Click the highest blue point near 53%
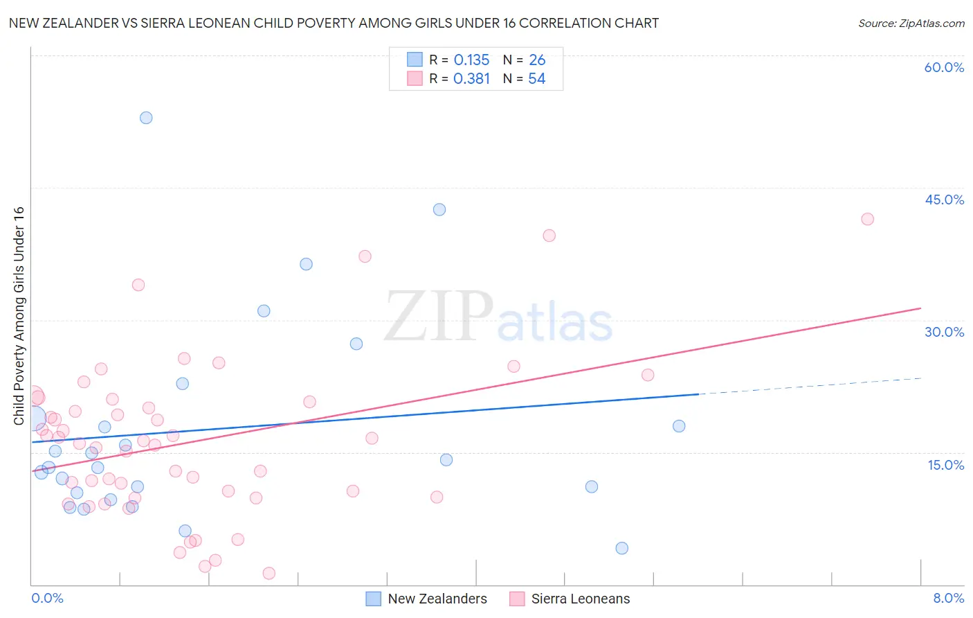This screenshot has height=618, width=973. point(146,118)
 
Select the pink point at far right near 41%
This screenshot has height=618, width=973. point(867,219)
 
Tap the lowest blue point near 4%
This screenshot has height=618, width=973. point(621,548)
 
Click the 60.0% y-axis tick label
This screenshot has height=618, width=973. point(943,67)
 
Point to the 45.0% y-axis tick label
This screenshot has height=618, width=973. point(944,200)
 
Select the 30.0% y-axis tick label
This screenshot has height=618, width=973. point(944,332)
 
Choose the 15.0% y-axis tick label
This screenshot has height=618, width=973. point(945,465)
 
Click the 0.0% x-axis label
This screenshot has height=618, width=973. point(47,598)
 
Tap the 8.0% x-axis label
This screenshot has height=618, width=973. point(948,598)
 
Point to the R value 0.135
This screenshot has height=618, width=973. point(471,60)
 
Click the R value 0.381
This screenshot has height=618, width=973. point(471,78)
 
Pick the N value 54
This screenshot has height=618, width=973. point(536,78)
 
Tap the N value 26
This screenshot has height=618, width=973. point(537,60)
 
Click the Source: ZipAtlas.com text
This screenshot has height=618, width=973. point(911,23)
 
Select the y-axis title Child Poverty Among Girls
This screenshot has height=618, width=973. point(19,315)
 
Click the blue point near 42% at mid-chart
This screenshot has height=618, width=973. point(439,209)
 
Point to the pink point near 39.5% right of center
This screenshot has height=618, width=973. point(549,236)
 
